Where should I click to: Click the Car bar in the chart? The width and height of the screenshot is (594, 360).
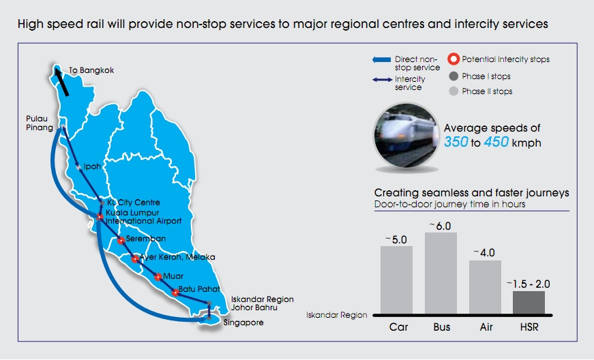click(x=396, y=280)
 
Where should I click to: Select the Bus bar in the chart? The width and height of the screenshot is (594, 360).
click(x=441, y=273)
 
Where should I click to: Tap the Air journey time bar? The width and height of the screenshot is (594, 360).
click(x=485, y=287)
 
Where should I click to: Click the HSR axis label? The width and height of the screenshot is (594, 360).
click(x=529, y=327)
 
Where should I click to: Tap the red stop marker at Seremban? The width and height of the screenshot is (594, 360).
click(x=121, y=240)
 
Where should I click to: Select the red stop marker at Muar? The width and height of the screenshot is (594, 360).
click(x=159, y=277)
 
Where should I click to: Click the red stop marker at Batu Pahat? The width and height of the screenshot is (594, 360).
click(x=175, y=292)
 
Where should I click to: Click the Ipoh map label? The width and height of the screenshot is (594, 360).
click(x=91, y=166)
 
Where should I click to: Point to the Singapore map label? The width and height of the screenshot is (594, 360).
click(x=243, y=322)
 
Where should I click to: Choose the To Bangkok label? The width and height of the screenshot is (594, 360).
click(x=91, y=70)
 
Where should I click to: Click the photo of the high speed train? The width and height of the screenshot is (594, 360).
click(x=404, y=136)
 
